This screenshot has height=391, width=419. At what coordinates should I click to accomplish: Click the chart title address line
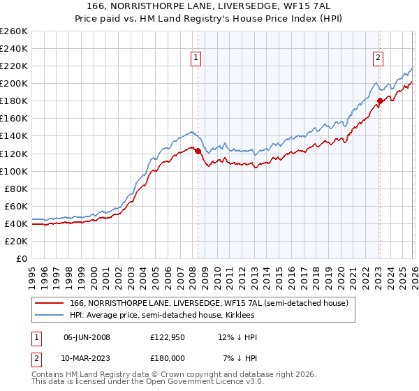209,6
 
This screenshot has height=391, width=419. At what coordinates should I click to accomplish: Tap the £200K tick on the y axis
14,84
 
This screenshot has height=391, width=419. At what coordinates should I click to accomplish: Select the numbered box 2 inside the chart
378,59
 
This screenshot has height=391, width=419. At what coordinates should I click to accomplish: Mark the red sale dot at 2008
198,151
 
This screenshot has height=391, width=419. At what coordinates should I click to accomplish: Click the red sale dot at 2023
380,101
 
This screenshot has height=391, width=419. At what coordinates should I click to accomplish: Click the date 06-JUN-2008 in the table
87,337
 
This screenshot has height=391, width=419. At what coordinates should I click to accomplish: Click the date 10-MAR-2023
87,358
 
